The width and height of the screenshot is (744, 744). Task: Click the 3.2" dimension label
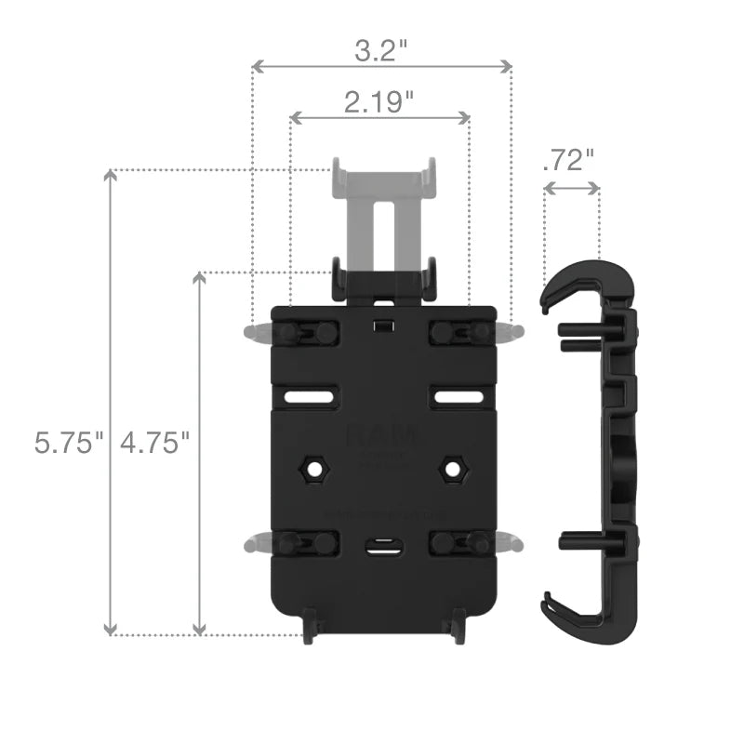pyautogui.click(x=382, y=50)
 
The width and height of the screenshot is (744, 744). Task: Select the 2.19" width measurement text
pyautogui.click(x=379, y=102)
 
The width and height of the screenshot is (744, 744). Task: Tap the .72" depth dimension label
pyautogui.click(x=567, y=160)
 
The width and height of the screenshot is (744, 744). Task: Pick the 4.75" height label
pyautogui.click(x=154, y=442)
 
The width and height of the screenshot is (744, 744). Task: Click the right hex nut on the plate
pyautogui.click(x=453, y=468)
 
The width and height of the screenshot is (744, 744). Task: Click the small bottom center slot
pyautogui.click(x=381, y=546)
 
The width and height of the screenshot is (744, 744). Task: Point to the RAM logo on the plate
pyautogui.click(x=381, y=434)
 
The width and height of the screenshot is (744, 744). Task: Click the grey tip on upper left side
pyautogui.click(x=253, y=332)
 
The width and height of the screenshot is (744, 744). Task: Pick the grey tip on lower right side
pyautogui.click(x=510, y=542)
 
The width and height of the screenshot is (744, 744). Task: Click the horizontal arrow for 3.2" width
pyautogui.click(x=382, y=67)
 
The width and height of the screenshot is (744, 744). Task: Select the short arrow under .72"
pyautogui.click(x=571, y=188)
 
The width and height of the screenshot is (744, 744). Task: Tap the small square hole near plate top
pyautogui.click(x=381, y=326)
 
